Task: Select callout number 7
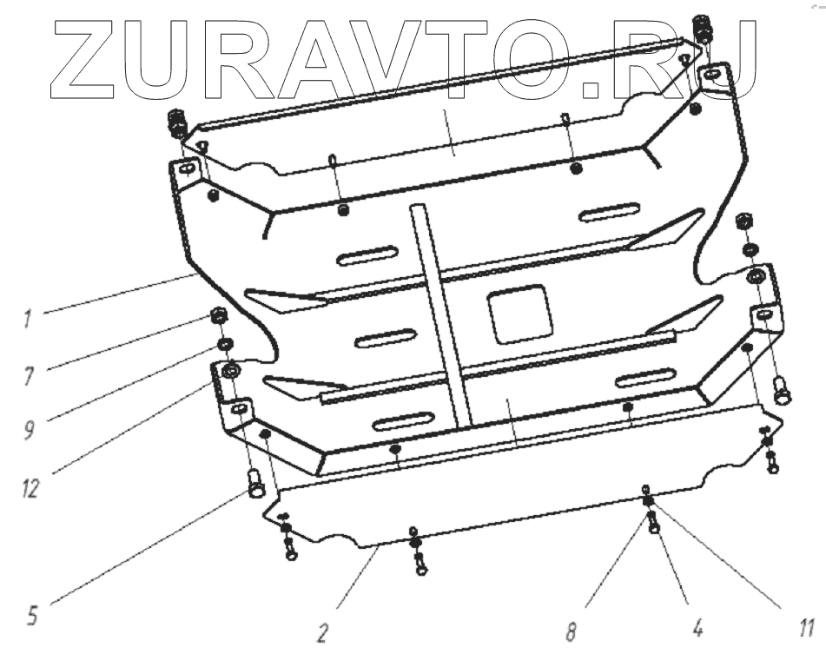28,373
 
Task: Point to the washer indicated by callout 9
223,346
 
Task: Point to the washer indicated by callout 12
232,374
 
